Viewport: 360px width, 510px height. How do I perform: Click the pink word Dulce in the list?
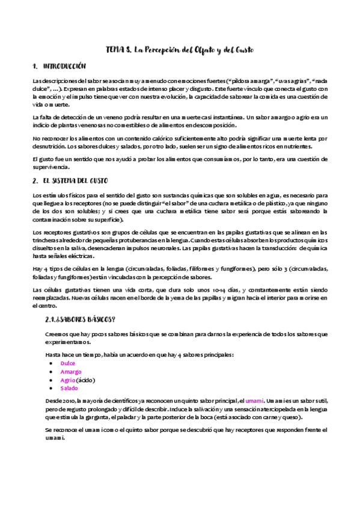coord(67,363)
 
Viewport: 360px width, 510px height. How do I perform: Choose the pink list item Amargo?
coord(70,372)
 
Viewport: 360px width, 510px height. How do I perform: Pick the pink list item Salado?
coord(69,389)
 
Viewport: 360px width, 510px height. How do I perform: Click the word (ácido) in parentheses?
coord(86,380)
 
